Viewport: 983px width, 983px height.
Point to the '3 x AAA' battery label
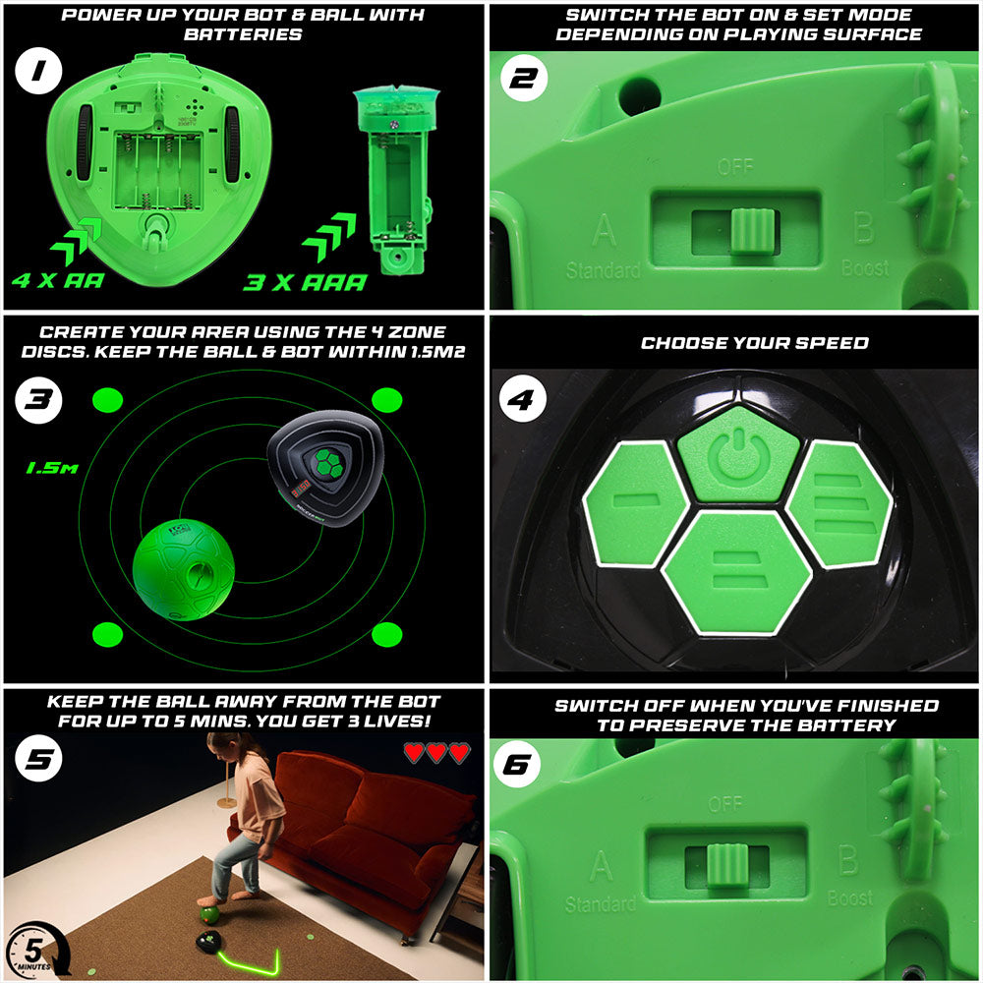click(305, 283)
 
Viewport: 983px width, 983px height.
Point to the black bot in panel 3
click(320, 471)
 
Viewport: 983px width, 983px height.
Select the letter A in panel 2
click(605, 232)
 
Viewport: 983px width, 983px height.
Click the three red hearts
click(436, 752)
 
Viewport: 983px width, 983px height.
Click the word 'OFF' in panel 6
click(724, 805)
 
